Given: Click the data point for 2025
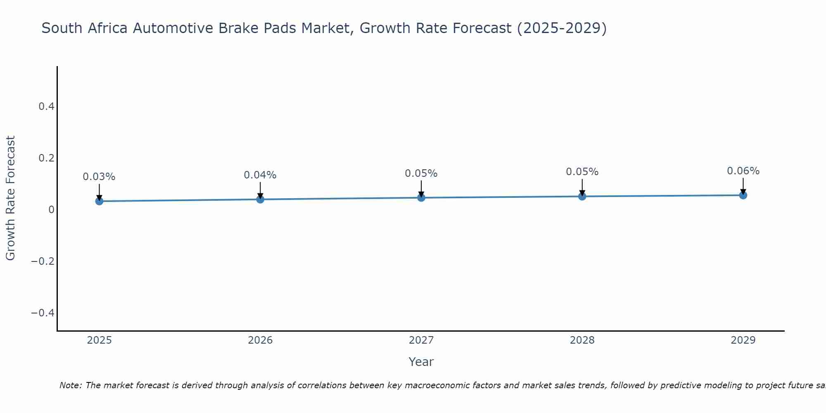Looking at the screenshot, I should (99, 201).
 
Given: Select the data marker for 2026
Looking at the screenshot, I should (260, 199).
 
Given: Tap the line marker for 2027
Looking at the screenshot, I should (421, 198).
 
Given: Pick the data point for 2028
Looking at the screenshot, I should (582, 196).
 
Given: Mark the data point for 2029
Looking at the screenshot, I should (743, 195).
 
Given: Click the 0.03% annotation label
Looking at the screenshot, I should (99, 177).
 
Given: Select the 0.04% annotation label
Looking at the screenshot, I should (260, 175).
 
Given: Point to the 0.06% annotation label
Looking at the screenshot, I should (743, 171).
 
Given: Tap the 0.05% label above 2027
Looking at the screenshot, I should (421, 173).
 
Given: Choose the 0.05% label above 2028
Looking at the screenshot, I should (582, 172).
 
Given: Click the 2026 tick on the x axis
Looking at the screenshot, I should (260, 340).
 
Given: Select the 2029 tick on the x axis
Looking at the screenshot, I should (743, 340).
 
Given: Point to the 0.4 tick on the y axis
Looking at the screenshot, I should (46, 107).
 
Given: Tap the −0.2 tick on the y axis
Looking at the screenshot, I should (43, 261).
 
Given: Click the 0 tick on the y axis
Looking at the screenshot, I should (51, 210).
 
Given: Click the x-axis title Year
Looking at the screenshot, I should (421, 362).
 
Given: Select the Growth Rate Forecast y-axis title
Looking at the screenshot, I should (10, 198).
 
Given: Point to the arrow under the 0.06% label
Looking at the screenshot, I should (743, 186).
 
